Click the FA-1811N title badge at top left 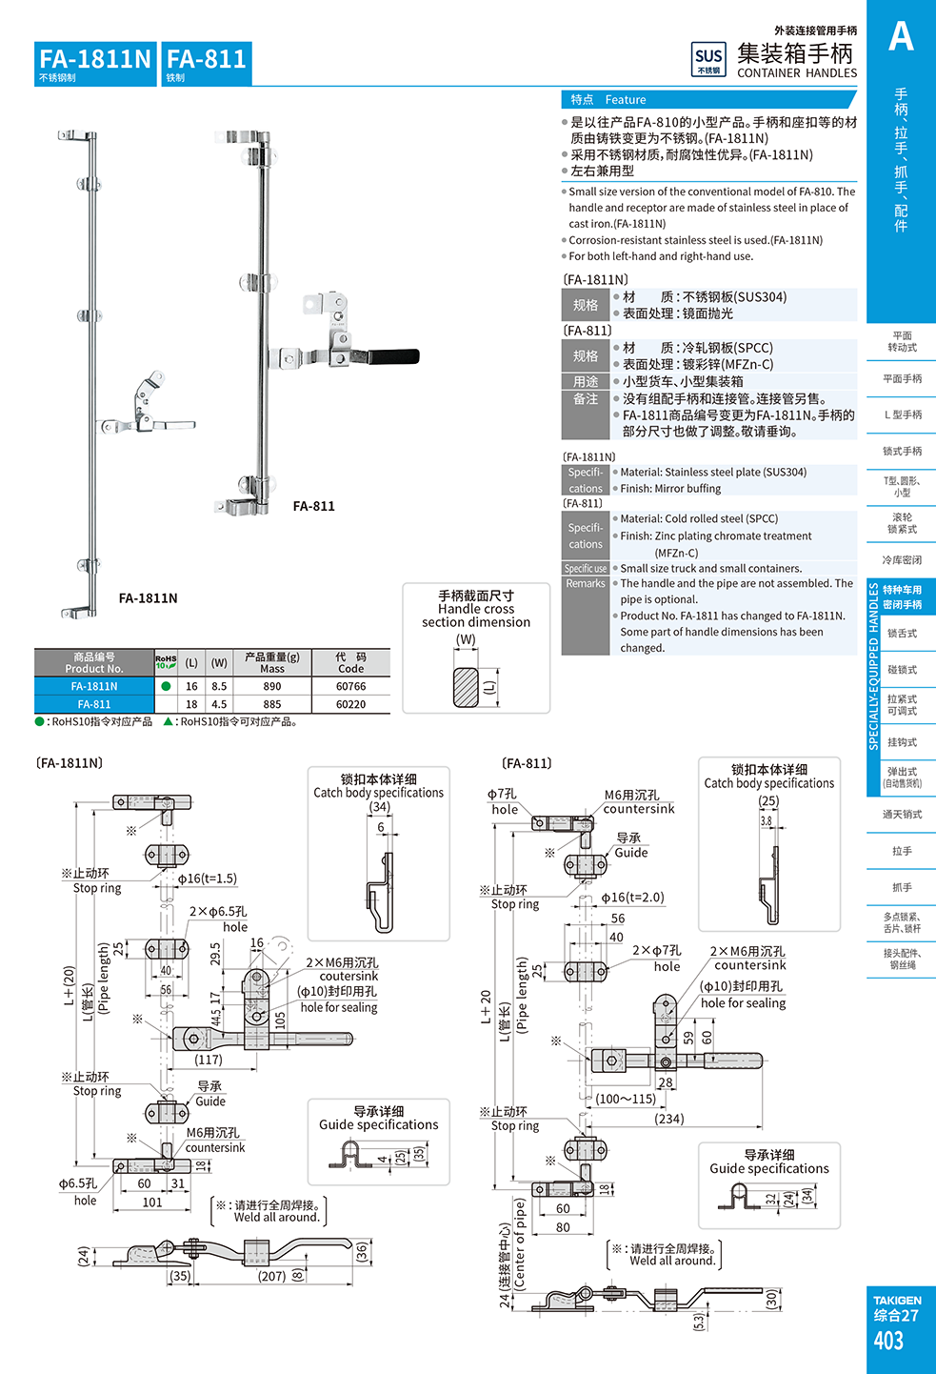pos(95,63)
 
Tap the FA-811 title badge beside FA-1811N pos(207,63)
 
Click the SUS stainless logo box pos(708,59)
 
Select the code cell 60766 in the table pos(350,686)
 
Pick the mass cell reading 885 pos(272,704)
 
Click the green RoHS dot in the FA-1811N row pos(166,686)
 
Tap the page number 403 pos(888,1341)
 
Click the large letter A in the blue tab pos(901,37)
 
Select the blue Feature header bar pos(708,99)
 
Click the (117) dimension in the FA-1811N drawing pos(209,1060)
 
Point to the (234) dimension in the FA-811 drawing pos(669,1119)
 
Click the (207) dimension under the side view pos(272,1276)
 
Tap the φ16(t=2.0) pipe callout pos(632,898)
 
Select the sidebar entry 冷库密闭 pos(902,560)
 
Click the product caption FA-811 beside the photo pos(313,506)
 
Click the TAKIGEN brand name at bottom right pos(897,1300)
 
